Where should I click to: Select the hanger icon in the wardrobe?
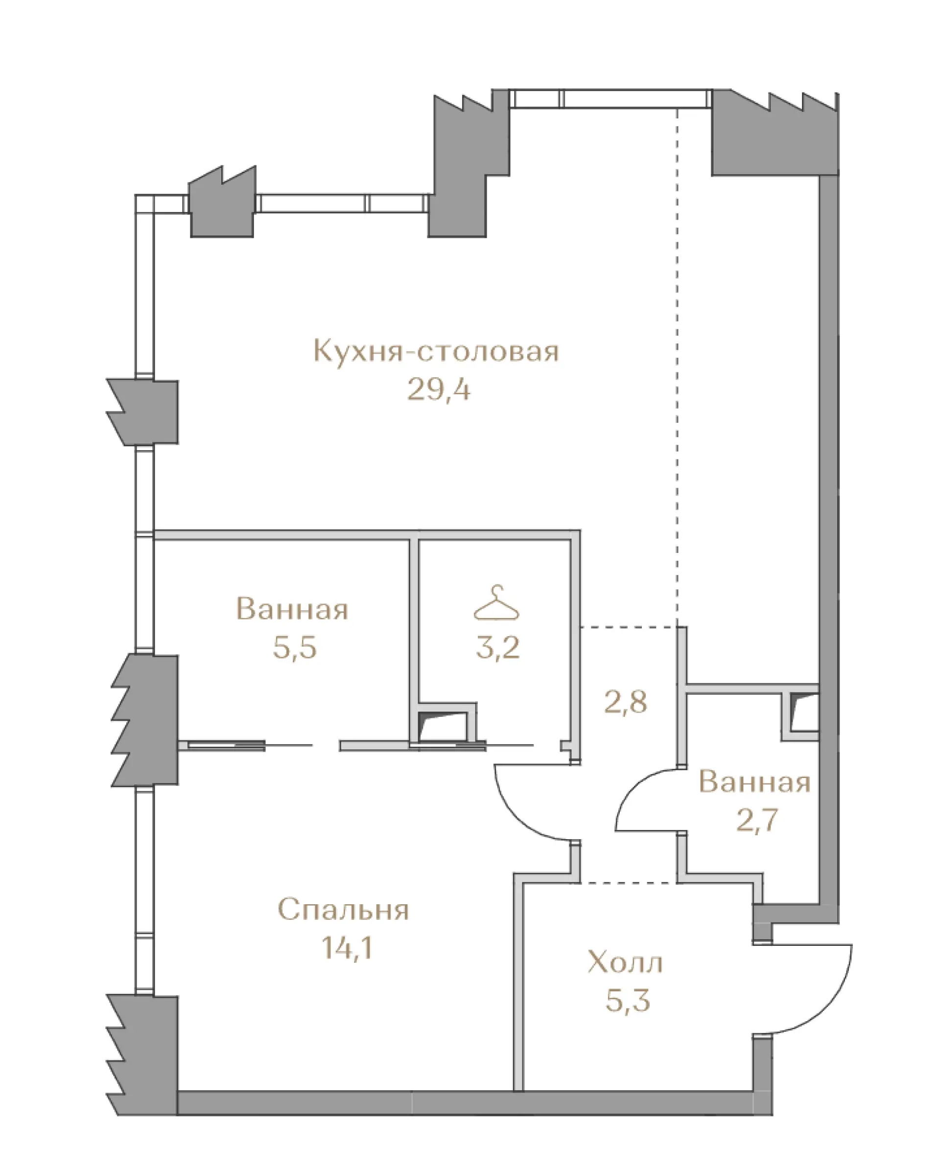(x=496, y=602)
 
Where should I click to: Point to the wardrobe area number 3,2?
(x=497, y=647)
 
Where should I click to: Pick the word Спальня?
(x=343, y=910)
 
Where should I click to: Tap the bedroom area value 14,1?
(x=347, y=948)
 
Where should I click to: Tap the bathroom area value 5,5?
(x=295, y=647)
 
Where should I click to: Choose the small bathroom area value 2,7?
(x=757, y=820)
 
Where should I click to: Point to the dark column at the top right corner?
(x=775, y=136)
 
